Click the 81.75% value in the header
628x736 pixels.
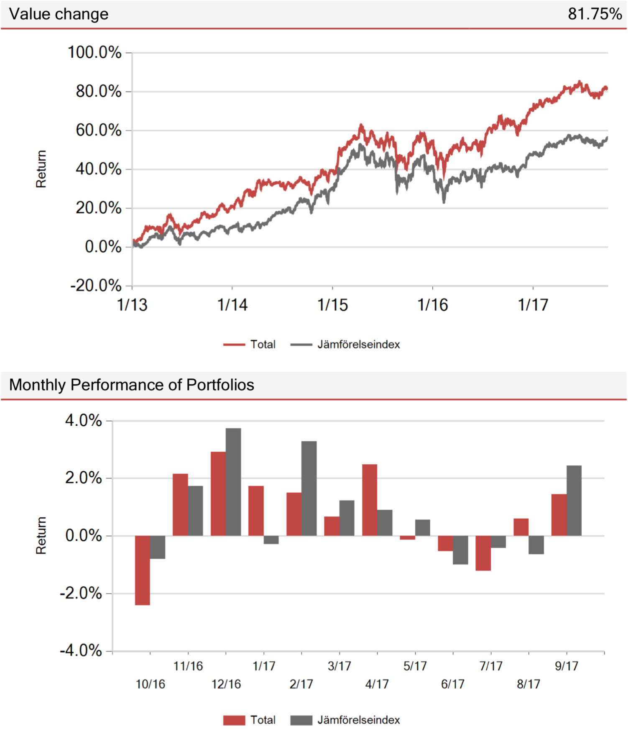pos(595,14)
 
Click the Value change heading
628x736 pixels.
pos(59,14)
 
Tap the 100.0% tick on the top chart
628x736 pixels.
pos(94,53)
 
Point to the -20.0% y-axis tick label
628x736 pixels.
pos(96,286)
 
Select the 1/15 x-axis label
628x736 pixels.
pos(332,305)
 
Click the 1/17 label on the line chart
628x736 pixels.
pos(533,305)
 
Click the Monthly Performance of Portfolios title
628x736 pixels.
pos(132,385)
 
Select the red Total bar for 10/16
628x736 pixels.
pos(143,570)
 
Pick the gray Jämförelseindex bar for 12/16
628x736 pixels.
pos(233,482)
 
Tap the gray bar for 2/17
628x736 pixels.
pos(309,488)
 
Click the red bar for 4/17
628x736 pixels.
pos(370,500)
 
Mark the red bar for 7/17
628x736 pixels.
pos(483,553)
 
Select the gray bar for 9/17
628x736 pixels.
pos(574,500)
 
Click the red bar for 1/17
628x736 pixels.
pos(256,511)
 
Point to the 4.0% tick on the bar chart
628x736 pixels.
pos(84,421)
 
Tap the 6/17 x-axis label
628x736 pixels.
pos(453,684)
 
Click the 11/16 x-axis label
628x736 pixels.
pos(188,666)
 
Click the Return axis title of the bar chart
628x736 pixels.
pos(41,535)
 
